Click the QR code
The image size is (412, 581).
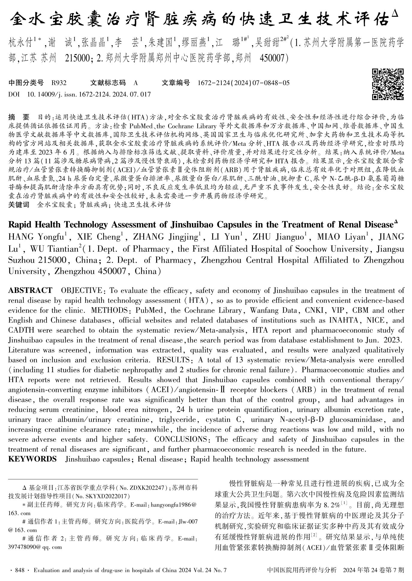click(387, 84)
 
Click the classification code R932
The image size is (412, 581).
click(59, 83)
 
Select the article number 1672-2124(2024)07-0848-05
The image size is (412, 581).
click(244, 83)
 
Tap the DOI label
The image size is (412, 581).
click(14, 94)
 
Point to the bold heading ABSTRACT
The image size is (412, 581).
click(30, 290)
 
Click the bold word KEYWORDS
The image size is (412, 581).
click(32, 459)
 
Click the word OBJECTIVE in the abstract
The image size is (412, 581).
click(82, 290)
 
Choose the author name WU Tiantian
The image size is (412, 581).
click(54, 249)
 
